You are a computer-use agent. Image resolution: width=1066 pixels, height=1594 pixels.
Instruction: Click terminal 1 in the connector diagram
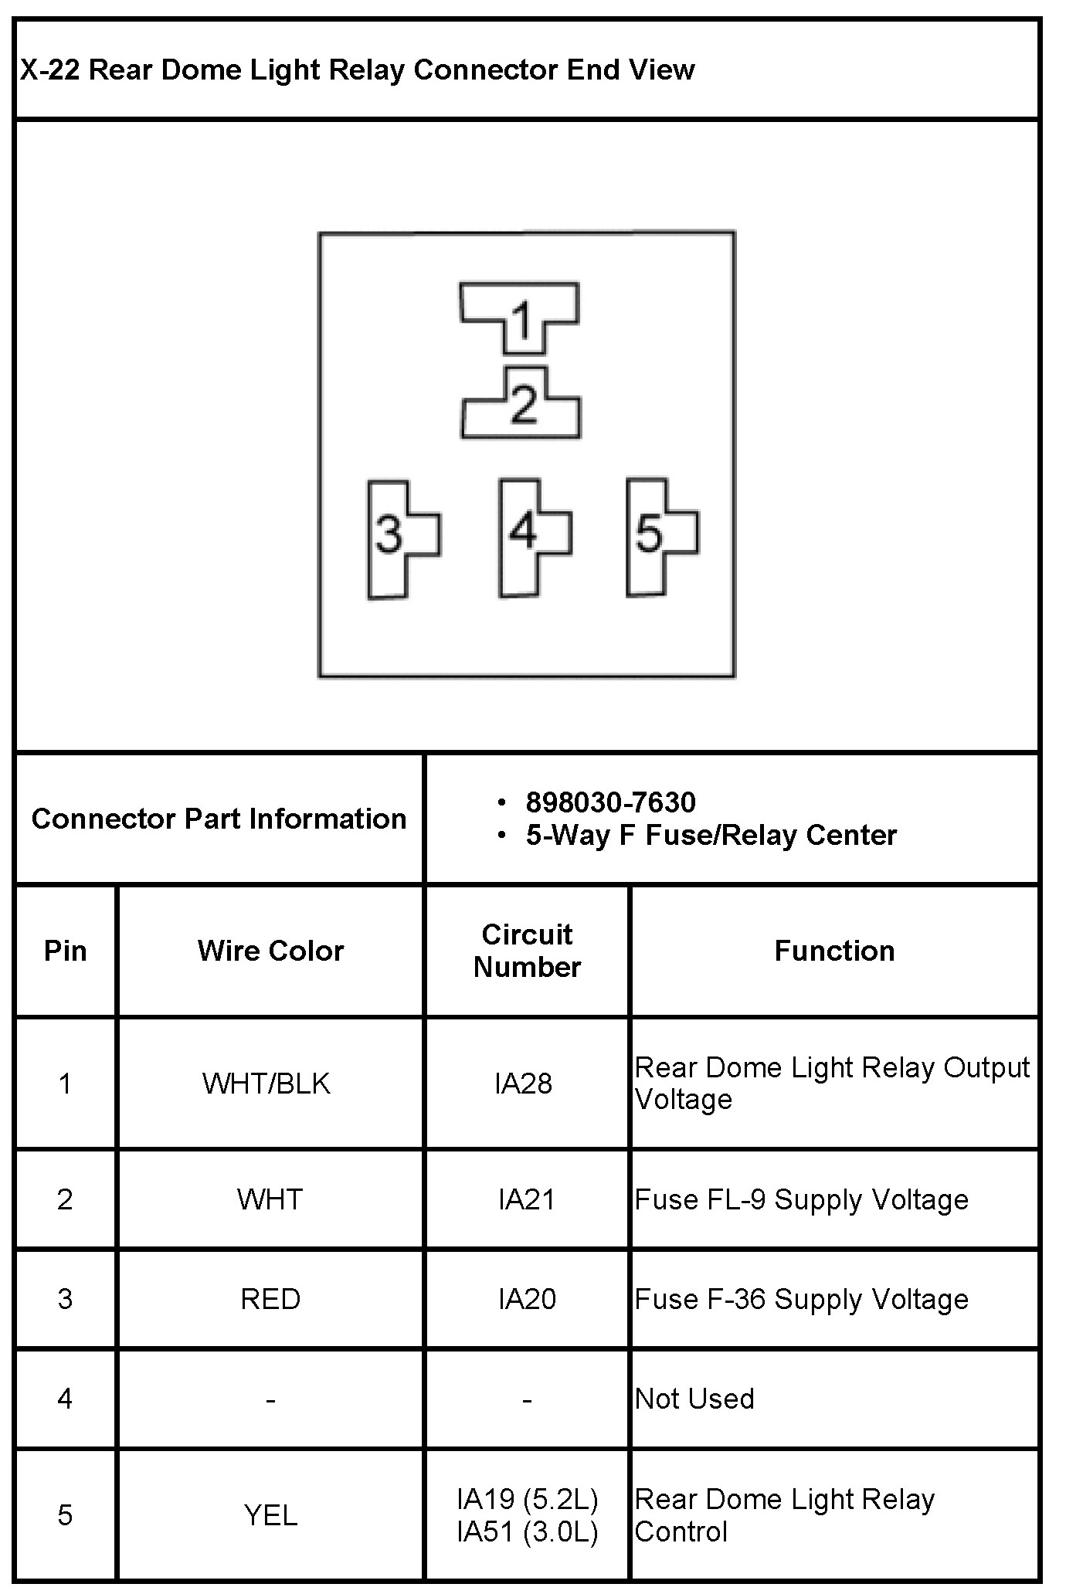pos(520,317)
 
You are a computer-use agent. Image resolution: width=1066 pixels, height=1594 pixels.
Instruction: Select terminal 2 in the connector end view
pos(522,404)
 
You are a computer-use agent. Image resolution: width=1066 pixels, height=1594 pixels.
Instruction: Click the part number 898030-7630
pos(610,803)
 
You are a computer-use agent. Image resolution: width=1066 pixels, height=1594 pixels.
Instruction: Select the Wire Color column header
pos(270,951)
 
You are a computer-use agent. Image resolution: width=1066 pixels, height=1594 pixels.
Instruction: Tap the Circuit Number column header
pos(527,951)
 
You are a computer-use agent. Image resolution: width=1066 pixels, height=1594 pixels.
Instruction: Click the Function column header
pos(834,951)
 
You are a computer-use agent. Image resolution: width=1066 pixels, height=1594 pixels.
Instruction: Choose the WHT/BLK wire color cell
pos(266,1084)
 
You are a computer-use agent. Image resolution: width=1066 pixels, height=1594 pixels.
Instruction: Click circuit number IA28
pos(524,1084)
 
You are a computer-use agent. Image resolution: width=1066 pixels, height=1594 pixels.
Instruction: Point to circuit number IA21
pos(527,1199)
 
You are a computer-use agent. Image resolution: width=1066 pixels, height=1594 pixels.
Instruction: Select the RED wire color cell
pos(270,1299)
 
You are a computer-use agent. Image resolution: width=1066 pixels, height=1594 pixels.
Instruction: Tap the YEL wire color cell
pos(270,1514)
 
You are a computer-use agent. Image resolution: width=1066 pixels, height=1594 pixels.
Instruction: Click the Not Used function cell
pos(694,1399)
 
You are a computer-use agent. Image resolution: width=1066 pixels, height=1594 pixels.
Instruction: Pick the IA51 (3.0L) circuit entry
pos(528,1531)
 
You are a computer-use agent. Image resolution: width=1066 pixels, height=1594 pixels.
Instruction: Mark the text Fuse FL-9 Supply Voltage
pos(801,1199)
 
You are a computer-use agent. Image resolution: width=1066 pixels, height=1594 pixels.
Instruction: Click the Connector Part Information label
pos(219,819)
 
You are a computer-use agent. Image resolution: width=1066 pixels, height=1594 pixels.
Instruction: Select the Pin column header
pos(66,951)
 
